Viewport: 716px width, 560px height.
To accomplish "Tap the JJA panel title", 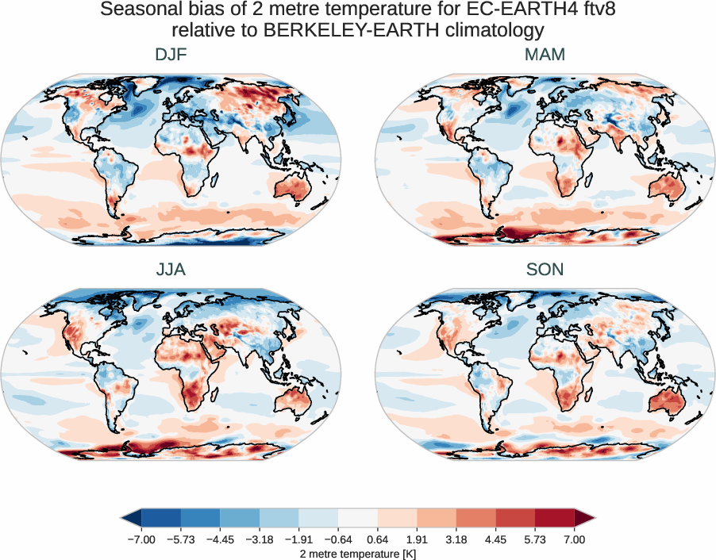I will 171,270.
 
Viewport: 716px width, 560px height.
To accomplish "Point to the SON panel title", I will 545,270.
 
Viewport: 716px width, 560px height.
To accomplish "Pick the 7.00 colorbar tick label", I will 574,539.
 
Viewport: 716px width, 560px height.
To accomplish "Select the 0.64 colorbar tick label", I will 378,539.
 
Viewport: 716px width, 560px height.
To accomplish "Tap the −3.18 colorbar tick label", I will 260,539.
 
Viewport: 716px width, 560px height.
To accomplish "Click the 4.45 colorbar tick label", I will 495,539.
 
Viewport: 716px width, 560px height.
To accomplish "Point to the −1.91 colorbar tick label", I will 299,539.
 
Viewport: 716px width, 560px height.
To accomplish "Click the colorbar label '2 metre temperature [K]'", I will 358,553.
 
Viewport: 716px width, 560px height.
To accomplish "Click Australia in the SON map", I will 666,401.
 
